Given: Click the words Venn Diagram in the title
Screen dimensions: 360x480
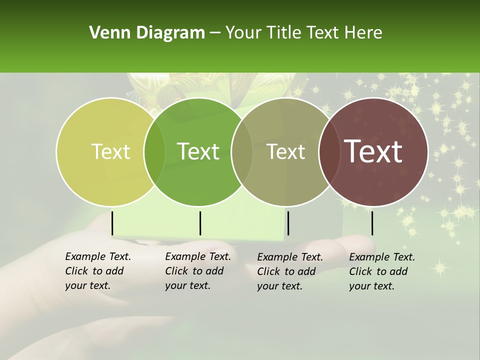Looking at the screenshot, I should tap(147, 33).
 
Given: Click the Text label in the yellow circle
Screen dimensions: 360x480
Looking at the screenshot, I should tap(110, 151).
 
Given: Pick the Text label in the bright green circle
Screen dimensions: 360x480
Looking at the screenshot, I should tap(198, 151).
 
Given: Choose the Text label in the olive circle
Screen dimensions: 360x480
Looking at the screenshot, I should tap(286, 151).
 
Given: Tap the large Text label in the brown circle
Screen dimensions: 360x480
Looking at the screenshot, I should tap(373, 151).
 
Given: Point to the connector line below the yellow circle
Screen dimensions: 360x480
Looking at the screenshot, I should tap(112, 223).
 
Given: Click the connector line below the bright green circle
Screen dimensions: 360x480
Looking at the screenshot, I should tap(200, 223).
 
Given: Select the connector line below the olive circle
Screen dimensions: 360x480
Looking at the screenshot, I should tap(288, 223).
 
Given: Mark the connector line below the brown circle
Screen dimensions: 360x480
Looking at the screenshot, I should tap(372, 223).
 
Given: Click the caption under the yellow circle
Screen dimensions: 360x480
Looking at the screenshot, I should tap(98, 271).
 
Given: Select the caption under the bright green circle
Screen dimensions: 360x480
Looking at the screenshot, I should tap(198, 271).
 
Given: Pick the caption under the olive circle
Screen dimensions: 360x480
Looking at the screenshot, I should tap(290, 271).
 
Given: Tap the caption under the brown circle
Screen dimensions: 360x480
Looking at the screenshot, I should tap(382, 271).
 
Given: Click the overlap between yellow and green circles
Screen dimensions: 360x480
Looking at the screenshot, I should tap(154, 151).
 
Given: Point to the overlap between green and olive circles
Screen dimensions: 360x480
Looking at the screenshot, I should tap(242, 151).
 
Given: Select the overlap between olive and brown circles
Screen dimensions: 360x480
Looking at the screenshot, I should tap(328, 151).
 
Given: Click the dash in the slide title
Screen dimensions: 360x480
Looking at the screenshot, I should tap(215, 33).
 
